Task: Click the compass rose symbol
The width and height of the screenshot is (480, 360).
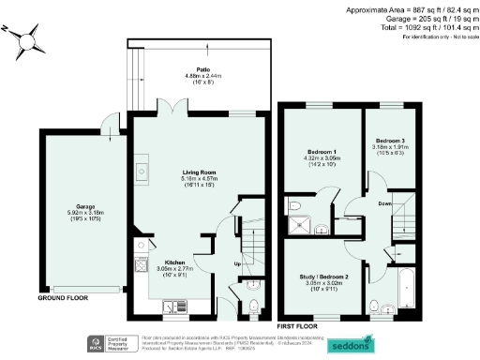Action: click(29, 40)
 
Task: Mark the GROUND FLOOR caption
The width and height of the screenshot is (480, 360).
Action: click(63, 299)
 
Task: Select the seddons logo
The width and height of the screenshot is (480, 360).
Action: click(352, 345)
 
